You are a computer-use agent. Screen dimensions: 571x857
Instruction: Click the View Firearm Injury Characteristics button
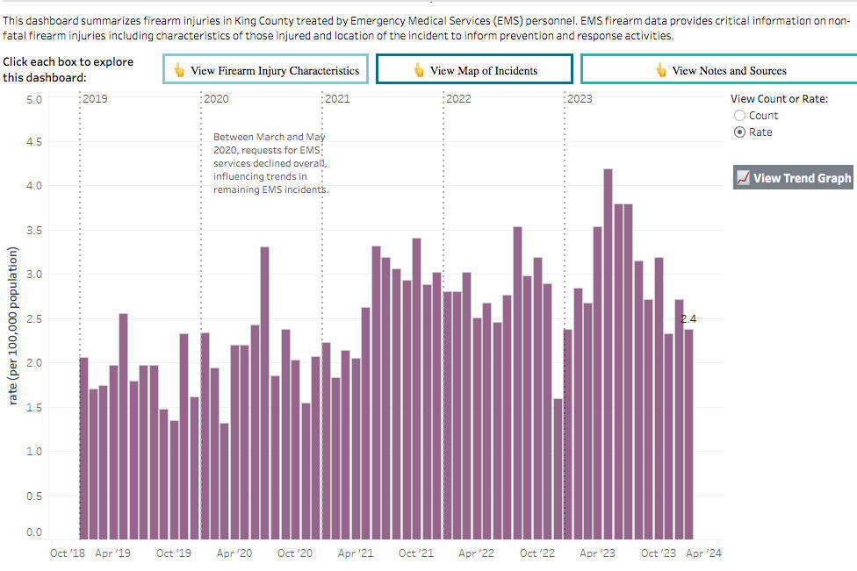[266, 70]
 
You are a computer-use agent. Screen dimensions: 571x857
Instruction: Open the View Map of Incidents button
[474, 70]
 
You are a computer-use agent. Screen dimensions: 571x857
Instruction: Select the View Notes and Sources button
[719, 70]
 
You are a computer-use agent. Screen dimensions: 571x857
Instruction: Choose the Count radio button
[739, 116]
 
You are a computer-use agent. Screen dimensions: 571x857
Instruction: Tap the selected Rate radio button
[739, 132]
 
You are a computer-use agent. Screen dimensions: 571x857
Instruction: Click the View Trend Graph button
[793, 178]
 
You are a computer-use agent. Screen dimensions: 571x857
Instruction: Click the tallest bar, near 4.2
[608, 351]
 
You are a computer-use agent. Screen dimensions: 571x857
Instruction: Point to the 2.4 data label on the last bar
[688, 319]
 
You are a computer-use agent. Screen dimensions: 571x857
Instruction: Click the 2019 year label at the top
[95, 99]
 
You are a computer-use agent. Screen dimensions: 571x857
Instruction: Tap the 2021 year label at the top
[337, 99]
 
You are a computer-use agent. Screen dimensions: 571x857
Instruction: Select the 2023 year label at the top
[580, 99]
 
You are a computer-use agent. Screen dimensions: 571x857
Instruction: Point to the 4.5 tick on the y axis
[32, 142]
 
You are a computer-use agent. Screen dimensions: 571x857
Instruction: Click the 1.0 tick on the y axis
[32, 452]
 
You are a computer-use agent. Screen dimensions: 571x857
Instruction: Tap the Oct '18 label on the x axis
[66, 553]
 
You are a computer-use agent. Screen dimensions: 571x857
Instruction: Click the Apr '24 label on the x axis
[703, 553]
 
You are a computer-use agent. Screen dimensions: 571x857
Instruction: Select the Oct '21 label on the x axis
[416, 553]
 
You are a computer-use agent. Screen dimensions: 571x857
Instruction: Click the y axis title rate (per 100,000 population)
[13, 325]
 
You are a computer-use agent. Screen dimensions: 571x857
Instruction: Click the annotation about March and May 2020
[270, 163]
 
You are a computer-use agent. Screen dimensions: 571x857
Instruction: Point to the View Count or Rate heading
[779, 99]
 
